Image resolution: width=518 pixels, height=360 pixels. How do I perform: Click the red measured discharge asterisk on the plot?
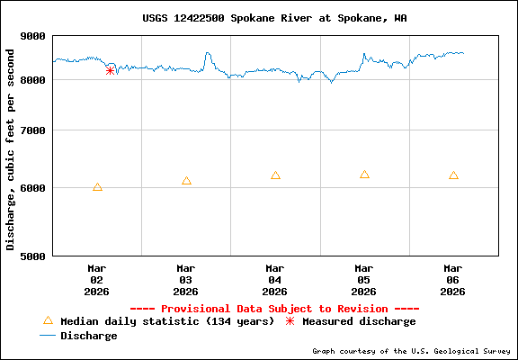110,70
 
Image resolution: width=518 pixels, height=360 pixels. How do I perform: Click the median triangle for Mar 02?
97,187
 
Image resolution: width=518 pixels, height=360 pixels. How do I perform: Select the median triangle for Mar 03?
186,181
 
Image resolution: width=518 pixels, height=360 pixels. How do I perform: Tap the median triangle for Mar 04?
275,175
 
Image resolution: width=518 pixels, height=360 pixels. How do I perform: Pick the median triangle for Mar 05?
364,175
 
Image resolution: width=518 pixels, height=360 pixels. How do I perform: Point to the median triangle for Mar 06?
453,175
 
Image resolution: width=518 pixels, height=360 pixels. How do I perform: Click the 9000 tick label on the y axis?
33,36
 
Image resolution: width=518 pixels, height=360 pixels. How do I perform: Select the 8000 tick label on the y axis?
33,80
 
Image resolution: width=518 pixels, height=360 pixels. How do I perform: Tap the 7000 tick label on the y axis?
33,130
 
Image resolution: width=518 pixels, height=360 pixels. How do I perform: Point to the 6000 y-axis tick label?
33,188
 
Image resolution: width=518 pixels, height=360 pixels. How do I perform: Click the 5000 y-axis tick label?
33,256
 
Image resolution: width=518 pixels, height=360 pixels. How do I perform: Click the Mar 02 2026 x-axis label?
97,279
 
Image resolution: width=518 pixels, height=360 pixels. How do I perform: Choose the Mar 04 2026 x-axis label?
275,279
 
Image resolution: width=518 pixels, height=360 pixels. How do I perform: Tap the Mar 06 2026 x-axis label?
453,279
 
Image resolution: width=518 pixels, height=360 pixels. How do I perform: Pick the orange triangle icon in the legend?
49,320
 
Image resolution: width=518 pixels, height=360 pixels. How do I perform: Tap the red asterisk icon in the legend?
290,321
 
